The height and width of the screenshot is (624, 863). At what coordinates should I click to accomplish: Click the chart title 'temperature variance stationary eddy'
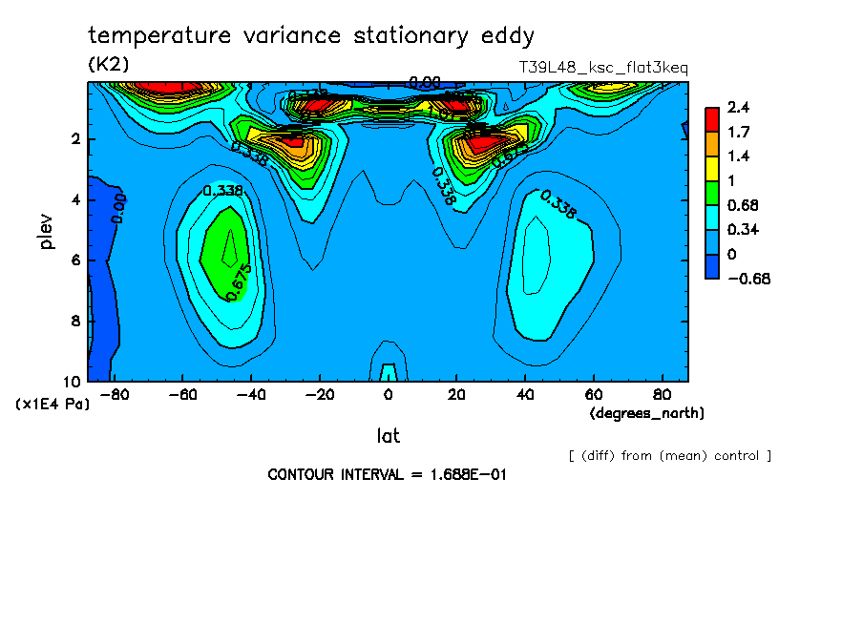click(311, 36)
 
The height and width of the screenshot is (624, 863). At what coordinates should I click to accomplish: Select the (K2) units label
click(108, 64)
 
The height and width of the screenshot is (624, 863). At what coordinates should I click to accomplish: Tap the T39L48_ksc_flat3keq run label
click(602, 68)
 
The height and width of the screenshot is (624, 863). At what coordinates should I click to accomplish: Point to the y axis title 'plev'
click(47, 231)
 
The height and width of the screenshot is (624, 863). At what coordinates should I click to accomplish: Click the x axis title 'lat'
click(388, 436)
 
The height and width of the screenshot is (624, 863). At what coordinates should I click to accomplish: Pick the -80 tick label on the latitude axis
click(115, 394)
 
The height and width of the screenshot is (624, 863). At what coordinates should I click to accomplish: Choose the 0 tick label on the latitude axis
click(389, 394)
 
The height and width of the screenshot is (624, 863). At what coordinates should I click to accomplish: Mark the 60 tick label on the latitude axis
click(592, 394)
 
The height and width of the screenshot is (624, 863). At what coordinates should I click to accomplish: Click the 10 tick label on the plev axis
click(74, 381)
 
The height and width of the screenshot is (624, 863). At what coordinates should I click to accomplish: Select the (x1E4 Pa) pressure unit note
click(53, 405)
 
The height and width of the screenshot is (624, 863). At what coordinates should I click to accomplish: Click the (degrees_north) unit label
click(647, 413)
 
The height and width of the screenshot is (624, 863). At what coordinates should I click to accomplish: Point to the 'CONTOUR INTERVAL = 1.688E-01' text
click(386, 474)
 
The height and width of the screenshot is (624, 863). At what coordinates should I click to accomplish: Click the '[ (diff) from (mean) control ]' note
click(669, 456)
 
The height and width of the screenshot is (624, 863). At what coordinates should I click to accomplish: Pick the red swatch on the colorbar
click(711, 119)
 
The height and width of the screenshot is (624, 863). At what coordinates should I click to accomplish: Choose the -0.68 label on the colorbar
click(748, 279)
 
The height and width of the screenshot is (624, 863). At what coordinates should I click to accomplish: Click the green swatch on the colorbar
click(711, 193)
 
